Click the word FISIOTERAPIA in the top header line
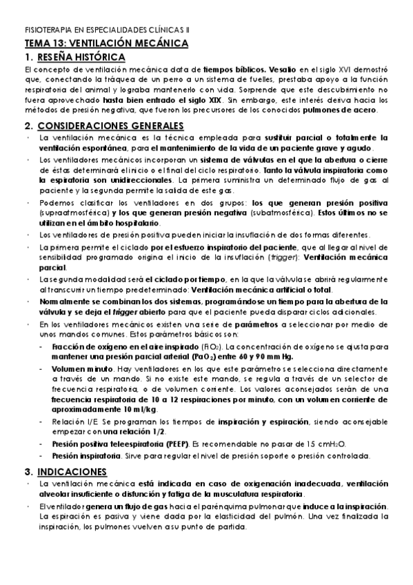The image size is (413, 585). (x=49, y=31)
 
